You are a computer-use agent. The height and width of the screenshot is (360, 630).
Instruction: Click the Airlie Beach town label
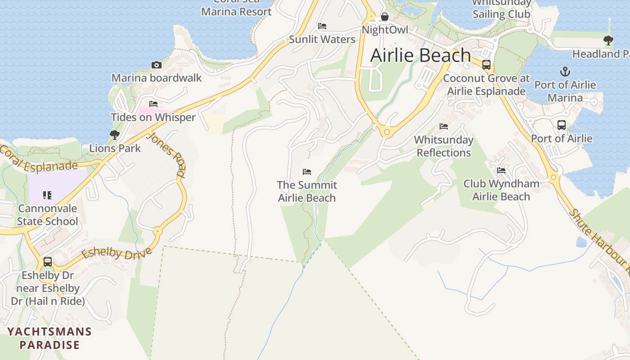point(420,55)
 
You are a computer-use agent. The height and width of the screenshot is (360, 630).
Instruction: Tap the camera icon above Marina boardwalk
point(157,65)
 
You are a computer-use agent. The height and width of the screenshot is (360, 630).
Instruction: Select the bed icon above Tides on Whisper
point(153,104)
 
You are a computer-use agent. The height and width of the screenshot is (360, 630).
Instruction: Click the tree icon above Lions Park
point(115,135)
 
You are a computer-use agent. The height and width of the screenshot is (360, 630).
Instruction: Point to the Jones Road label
point(166,154)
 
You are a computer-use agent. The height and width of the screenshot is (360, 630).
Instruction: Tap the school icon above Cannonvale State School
point(47,195)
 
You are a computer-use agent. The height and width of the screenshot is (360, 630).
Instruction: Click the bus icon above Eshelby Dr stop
point(48,261)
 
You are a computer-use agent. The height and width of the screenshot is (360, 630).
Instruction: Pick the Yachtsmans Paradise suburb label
point(49,338)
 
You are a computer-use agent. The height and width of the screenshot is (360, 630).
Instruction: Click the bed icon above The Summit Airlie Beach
point(307,172)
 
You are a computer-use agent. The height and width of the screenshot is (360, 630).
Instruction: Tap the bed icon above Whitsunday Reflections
point(444,126)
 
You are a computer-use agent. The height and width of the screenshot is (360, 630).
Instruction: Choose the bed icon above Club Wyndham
point(501,171)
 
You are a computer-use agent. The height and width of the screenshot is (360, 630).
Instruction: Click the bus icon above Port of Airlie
point(562,125)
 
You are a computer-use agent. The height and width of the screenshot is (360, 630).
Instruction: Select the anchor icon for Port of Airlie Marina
point(565,72)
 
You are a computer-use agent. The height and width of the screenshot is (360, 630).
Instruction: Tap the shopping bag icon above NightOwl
point(385,17)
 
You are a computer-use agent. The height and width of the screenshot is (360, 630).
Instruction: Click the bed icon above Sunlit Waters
point(322,26)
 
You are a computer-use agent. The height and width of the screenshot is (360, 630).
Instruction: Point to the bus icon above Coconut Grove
point(486,65)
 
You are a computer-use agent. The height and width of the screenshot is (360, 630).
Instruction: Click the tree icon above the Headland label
point(608,40)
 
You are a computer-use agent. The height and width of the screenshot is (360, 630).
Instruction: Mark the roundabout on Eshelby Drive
point(157,232)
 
